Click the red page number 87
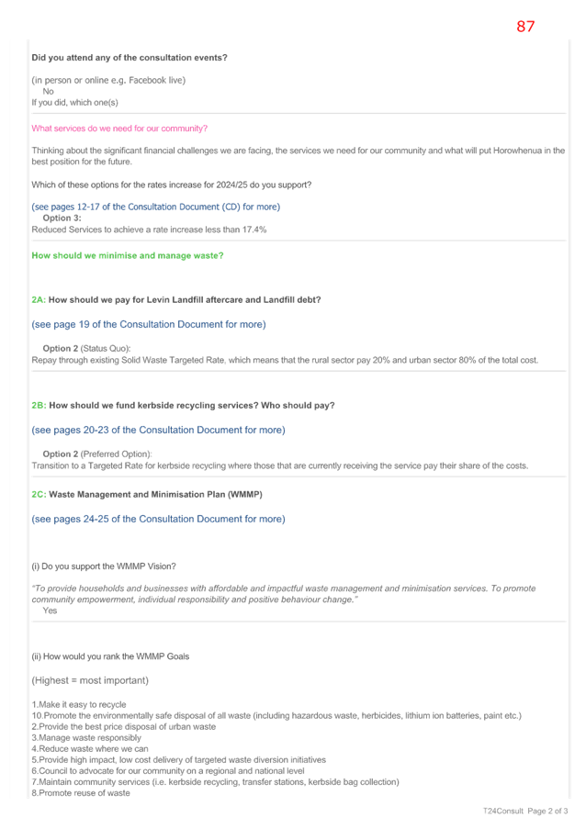coord(525,27)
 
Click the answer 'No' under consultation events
coord(48,92)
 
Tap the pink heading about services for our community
coord(119,129)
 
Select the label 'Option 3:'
coord(62,218)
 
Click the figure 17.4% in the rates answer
coord(254,230)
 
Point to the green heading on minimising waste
coord(128,255)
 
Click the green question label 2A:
coord(39,300)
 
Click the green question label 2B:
coord(39,406)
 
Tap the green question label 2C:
coord(39,494)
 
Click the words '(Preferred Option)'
coord(117,454)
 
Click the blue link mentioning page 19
coord(149,325)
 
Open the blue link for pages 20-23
coord(158,431)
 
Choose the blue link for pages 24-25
coord(158,520)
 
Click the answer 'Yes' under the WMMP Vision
coord(50,611)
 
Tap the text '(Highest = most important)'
coord(90,680)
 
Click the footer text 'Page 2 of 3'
coord(547,811)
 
